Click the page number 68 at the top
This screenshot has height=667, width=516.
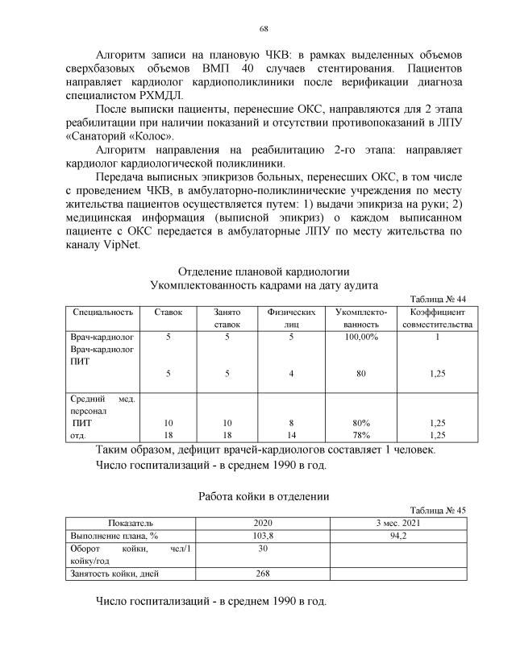[x=263, y=29]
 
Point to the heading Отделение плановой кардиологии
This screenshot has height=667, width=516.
[x=263, y=271]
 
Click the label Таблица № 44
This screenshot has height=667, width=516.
[x=438, y=298]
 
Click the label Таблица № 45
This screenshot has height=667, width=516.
[x=438, y=510]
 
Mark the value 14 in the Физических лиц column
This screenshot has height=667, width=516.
[x=289, y=434]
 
